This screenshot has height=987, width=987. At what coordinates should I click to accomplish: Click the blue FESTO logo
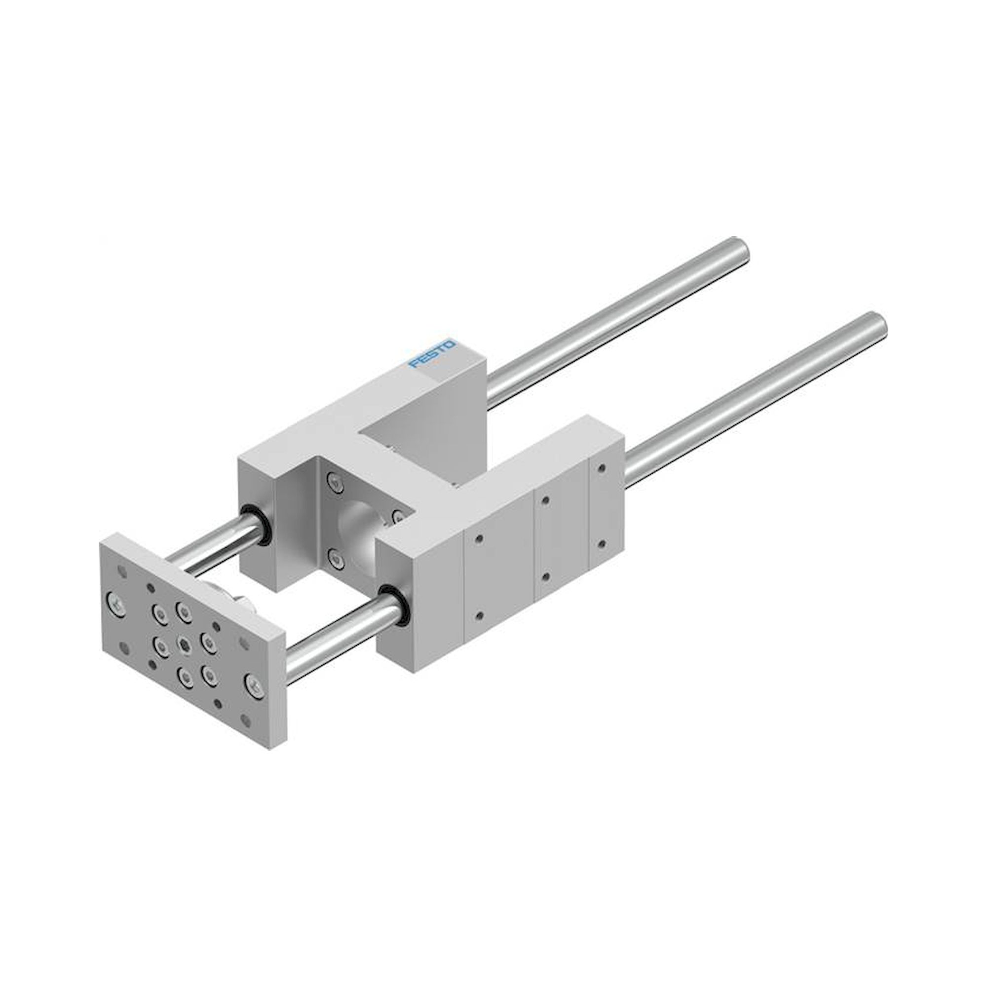point(432,353)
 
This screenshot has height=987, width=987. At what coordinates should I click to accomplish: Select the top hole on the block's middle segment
point(546,500)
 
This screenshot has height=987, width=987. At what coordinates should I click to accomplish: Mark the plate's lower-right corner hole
point(248,720)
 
